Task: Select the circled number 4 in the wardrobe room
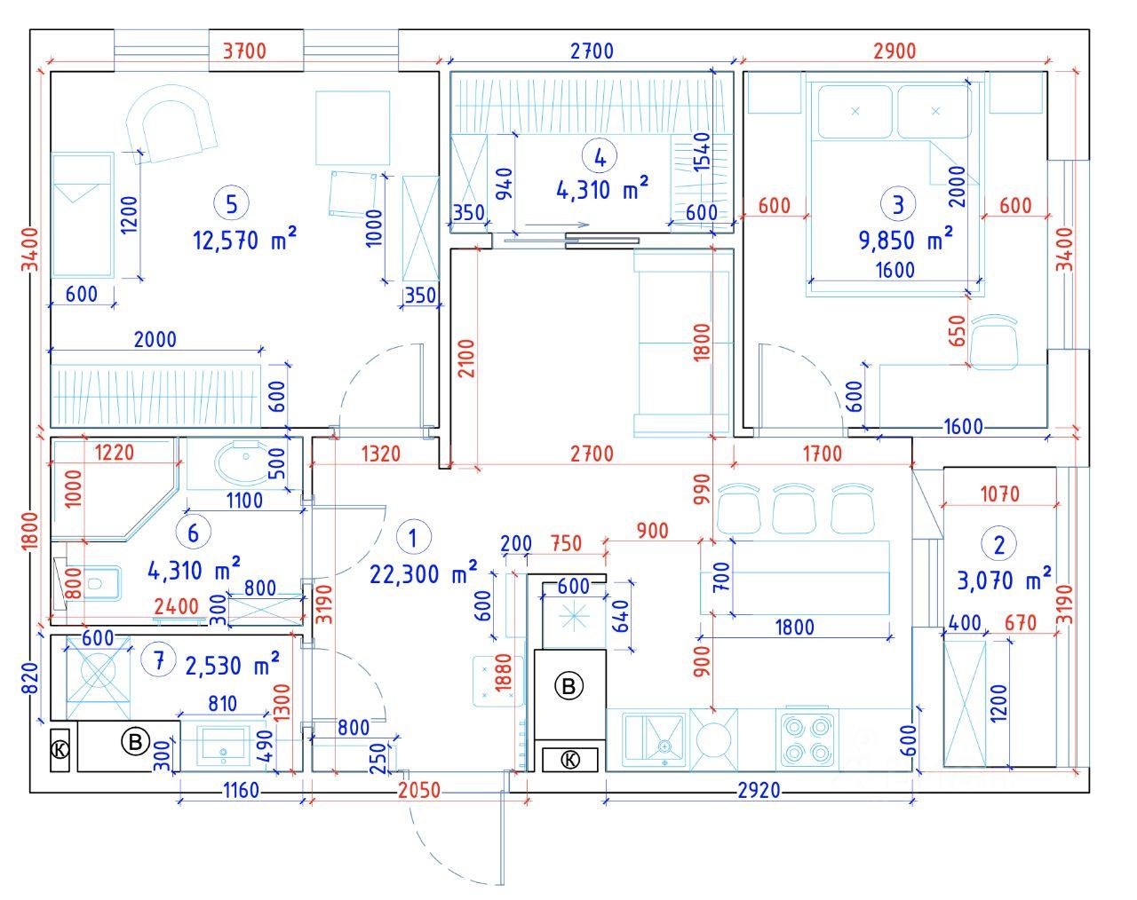(x=600, y=157)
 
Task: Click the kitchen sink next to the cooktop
(x=656, y=739)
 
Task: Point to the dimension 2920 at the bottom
(x=758, y=790)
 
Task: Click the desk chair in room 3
(x=993, y=342)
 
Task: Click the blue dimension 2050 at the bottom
(x=418, y=790)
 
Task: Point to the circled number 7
(x=158, y=660)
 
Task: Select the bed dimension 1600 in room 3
(x=894, y=271)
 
